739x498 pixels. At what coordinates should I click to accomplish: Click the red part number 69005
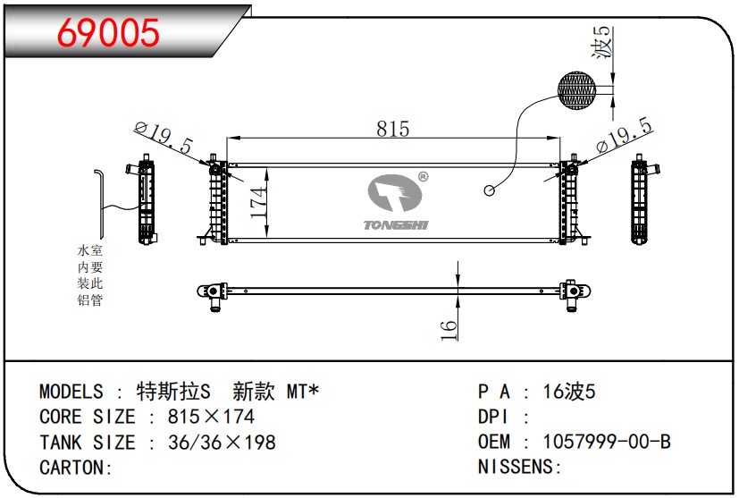108,32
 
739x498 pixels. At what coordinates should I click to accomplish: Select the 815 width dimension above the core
393,128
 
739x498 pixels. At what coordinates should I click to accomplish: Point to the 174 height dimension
257,203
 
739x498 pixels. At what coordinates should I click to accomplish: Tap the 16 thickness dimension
449,330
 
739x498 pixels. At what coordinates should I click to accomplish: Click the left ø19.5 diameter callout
164,137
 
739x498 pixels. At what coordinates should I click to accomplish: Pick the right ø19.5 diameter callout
624,135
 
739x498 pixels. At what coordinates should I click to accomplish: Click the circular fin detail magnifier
576,90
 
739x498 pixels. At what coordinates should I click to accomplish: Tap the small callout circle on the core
489,190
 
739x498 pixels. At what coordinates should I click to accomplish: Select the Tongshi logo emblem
394,193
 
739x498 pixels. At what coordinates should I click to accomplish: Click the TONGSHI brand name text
396,225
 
